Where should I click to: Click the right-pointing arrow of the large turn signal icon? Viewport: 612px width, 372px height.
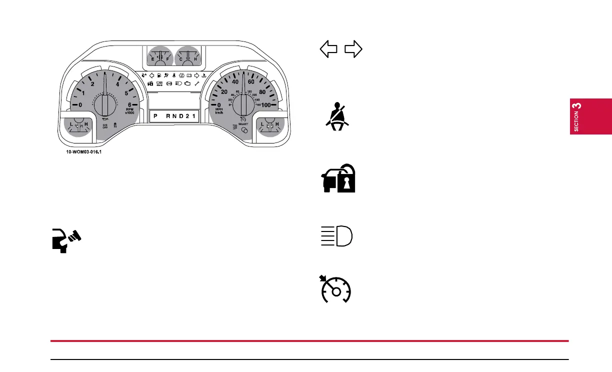coord(353,49)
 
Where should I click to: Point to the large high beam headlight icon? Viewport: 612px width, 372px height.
coord(336,236)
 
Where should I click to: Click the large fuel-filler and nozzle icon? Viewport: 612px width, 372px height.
coord(66,238)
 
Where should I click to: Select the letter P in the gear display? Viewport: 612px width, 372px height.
coord(155,116)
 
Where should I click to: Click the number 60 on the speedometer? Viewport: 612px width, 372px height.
coord(251,81)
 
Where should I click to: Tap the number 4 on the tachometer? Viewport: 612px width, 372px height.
coord(117,84)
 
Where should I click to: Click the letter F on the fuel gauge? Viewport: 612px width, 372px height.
coord(167,59)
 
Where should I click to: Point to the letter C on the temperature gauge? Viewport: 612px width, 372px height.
coord(181,59)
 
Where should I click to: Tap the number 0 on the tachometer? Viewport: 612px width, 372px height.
coord(80,104)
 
